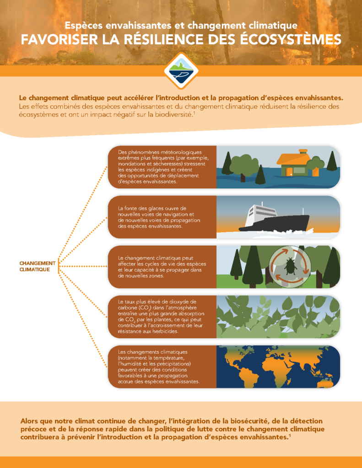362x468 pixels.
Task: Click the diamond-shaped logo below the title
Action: tap(181, 71)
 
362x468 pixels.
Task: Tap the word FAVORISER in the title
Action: tap(59, 40)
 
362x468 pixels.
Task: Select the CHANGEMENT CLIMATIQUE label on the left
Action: tap(38, 266)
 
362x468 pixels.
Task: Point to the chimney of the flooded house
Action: tap(303, 152)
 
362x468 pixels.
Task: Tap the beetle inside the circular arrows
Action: tap(290, 266)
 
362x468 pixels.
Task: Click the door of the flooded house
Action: tap(289, 172)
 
